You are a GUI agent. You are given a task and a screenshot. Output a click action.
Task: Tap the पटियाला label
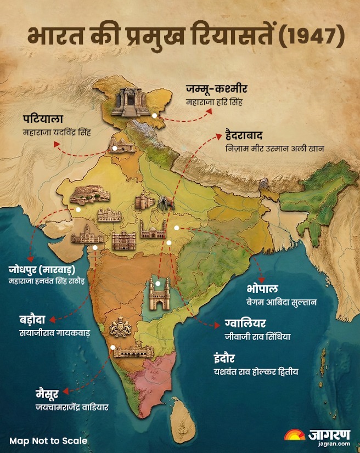(x=43, y=120)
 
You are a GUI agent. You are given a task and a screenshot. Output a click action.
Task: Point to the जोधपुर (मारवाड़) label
(x=49, y=270)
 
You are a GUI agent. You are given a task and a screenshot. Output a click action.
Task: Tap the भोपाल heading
(x=262, y=289)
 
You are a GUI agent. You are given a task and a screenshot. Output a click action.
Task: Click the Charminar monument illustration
(x=159, y=294)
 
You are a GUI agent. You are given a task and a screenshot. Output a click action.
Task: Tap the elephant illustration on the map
(x=164, y=204)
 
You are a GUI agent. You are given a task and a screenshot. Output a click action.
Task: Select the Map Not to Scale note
(x=48, y=440)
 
